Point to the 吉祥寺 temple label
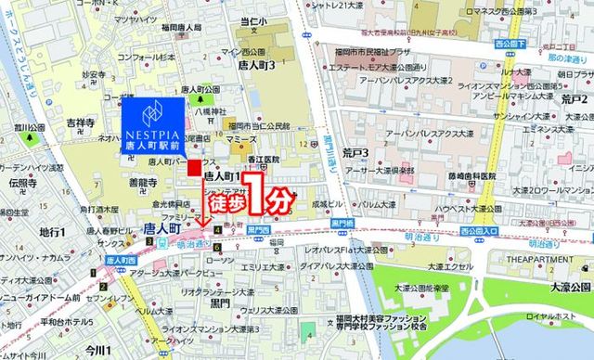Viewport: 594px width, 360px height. tap(81, 122)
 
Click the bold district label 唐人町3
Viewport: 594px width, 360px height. tap(259, 67)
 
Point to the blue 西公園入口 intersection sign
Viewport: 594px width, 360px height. tap(479, 230)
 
